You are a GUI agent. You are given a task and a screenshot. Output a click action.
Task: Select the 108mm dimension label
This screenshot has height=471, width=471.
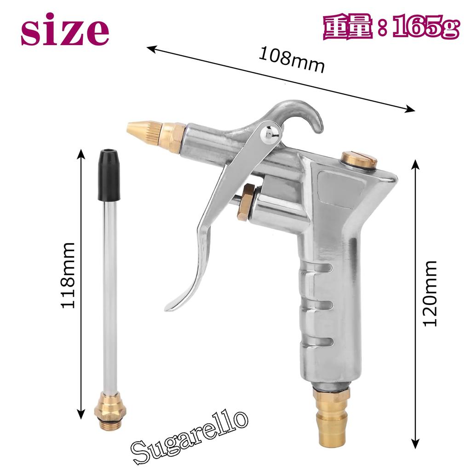point(292,60)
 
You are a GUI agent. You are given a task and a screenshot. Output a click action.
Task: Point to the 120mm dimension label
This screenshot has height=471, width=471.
point(430,293)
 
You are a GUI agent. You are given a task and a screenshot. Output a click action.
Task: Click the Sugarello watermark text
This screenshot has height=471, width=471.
point(190,435)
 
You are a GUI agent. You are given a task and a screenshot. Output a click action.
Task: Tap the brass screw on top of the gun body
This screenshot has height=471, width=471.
point(359,160)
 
